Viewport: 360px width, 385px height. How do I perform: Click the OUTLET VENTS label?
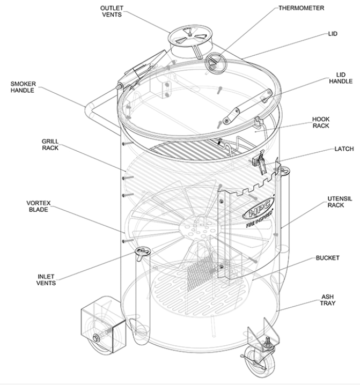112,12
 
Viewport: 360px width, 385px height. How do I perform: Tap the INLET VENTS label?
47,279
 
